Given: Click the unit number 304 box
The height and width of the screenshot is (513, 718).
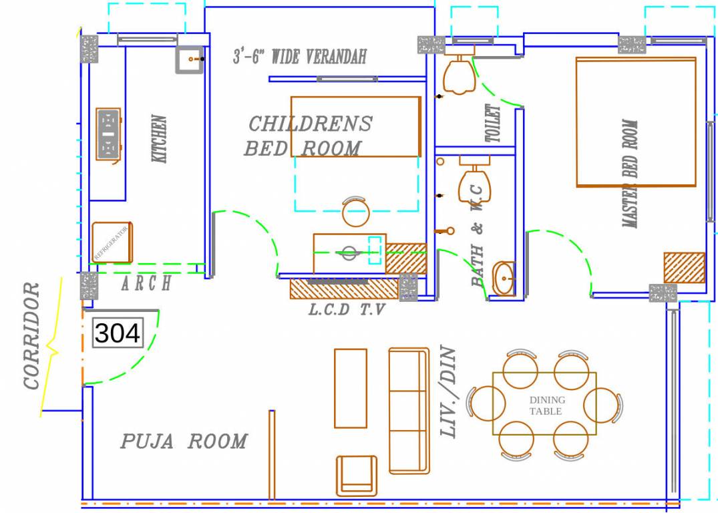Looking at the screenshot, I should coord(118,332).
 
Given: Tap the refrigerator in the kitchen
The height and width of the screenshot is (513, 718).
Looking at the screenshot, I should coord(112,242).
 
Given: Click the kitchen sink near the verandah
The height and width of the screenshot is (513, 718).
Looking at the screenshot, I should coord(189,60).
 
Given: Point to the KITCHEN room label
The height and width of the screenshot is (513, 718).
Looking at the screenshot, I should coord(160,140).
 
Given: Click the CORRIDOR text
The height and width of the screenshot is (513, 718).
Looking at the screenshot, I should coord(32,335).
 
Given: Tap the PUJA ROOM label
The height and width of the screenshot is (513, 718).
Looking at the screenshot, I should coord(184,442).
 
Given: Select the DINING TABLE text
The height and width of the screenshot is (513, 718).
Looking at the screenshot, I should coord(546,405).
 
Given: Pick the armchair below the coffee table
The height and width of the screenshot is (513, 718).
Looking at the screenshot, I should coord(357,475).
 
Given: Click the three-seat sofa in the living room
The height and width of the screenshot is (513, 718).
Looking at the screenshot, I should coord(408,410).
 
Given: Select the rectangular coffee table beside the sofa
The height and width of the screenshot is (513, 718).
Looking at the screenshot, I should coord(350,388).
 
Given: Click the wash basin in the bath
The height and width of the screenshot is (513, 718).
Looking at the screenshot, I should coord(504,278).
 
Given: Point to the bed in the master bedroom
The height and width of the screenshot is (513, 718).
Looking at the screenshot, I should coord(636,122).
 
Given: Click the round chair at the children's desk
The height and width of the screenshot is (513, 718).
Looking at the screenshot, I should coord(355,212).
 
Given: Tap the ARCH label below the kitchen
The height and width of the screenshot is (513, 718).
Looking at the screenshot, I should coord(146,284).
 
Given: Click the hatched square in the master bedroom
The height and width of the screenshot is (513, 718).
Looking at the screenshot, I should coord(684,268).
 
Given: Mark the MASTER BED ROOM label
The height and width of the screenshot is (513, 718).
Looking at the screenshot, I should coord(630,174).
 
